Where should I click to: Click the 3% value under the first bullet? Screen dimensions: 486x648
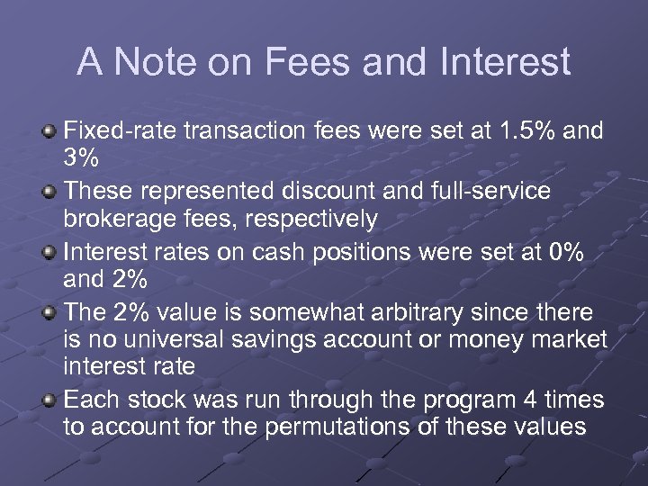81,159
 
